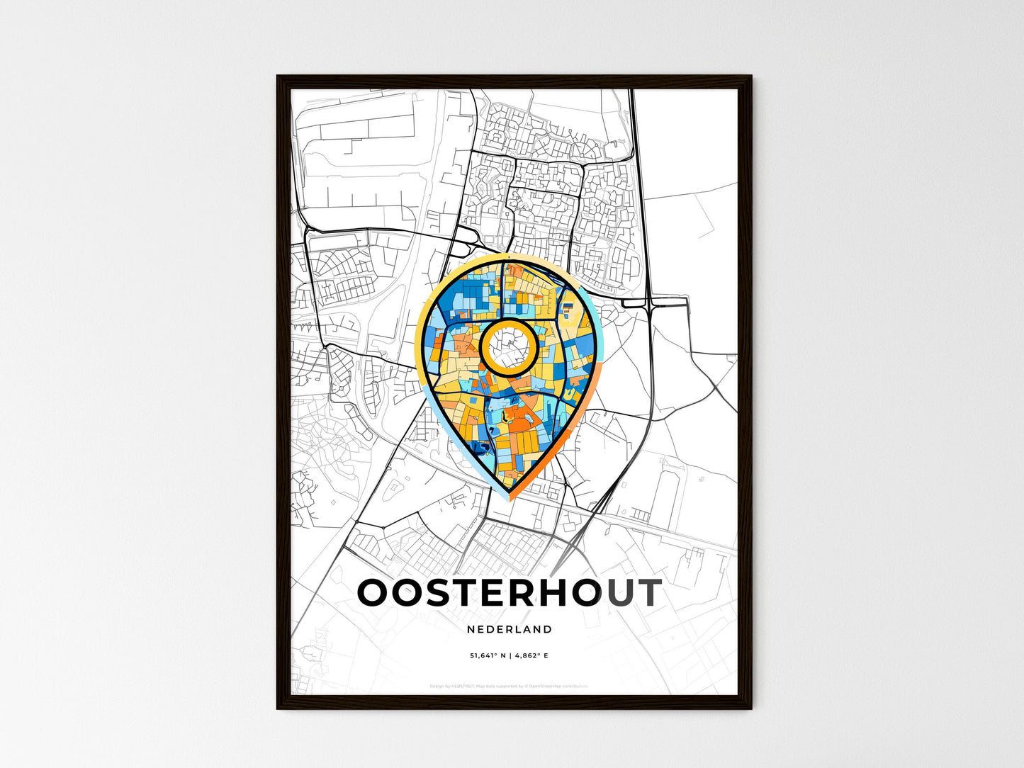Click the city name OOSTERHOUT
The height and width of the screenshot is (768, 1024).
pos(510,593)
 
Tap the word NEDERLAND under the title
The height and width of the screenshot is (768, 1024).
pos(510,629)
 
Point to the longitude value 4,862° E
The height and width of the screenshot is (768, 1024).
pos(531,656)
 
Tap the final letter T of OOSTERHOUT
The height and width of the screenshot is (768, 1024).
pos(646,593)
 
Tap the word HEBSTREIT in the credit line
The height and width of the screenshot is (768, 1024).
pos(463,687)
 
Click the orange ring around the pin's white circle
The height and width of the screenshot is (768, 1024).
pos(483,346)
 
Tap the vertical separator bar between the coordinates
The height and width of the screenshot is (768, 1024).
pos(510,656)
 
